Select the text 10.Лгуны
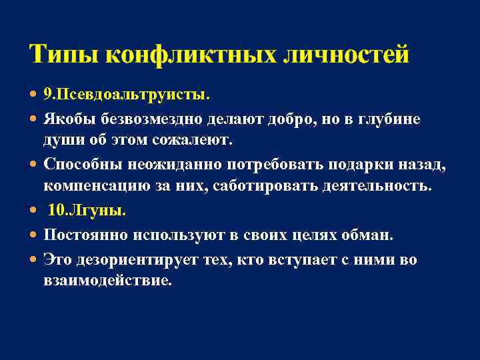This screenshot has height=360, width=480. tap(87, 211)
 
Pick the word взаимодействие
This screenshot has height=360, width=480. tap(107, 281)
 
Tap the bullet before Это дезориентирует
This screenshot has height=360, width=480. tap(34, 259)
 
